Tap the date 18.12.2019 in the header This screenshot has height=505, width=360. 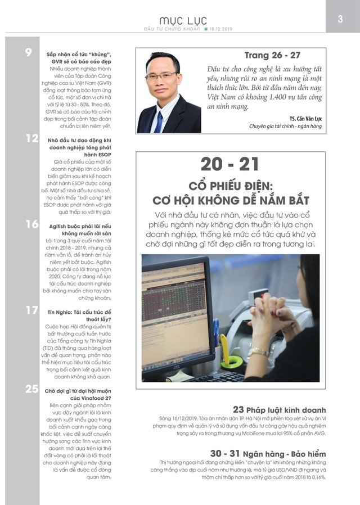[222, 29]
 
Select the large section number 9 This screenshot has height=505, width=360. [28, 53]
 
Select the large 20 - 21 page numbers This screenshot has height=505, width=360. [230, 164]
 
